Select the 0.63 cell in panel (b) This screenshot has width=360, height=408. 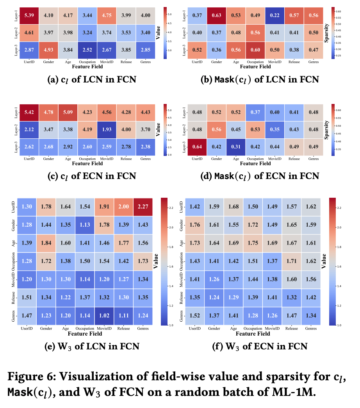coord(217,15)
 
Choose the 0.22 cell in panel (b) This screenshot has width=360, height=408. coord(275,15)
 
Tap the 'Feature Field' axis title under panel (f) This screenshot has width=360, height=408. coord(253,334)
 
